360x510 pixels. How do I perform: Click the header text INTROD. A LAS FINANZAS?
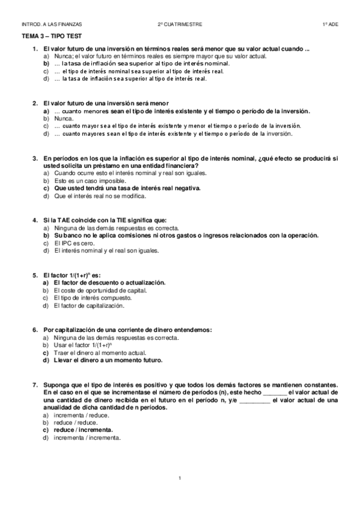[x=51, y=24]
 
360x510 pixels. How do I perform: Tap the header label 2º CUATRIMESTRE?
[x=180, y=24]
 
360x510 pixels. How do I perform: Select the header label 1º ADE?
[x=329, y=24]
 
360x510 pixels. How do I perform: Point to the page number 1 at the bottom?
[x=180, y=478]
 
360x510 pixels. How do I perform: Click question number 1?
[x=36, y=49]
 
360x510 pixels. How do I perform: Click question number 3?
[x=36, y=158]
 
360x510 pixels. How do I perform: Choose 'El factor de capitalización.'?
[x=89, y=306]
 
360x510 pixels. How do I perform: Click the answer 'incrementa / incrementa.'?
[x=87, y=438]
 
